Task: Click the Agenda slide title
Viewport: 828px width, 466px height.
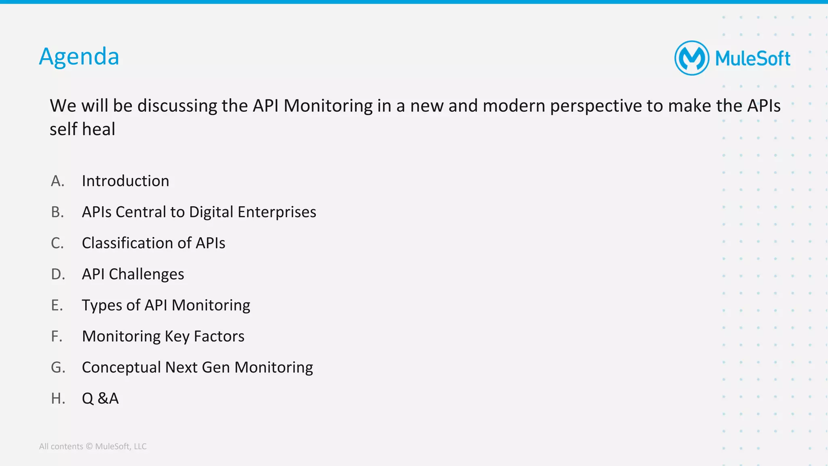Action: coord(79,57)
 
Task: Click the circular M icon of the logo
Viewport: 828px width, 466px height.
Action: coord(692,58)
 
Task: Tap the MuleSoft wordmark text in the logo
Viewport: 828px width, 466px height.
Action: coord(752,59)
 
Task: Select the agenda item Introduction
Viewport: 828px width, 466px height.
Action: coord(125,181)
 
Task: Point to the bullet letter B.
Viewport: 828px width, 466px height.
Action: coord(57,212)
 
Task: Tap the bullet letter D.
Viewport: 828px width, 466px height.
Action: coord(57,274)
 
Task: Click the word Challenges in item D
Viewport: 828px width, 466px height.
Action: coord(146,274)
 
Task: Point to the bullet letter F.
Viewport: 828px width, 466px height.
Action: coord(56,337)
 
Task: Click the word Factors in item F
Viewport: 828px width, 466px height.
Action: coord(219,337)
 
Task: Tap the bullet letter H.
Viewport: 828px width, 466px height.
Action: coord(57,399)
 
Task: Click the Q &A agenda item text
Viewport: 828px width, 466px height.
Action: coord(100,399)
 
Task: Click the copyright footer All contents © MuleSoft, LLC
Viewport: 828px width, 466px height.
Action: coord(93,447)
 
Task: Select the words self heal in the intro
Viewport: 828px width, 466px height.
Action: coord(82,129)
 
